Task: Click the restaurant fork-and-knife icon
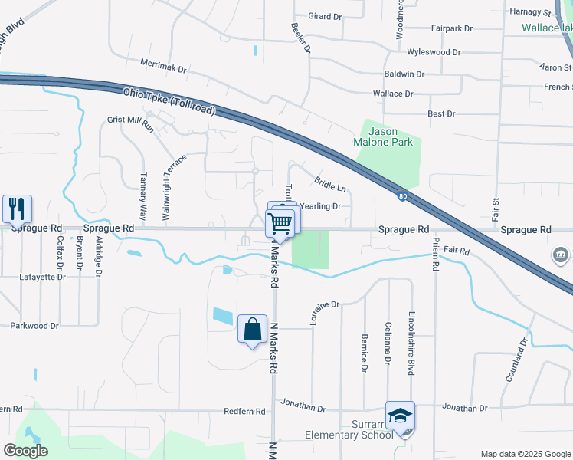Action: click(x=17, y=208)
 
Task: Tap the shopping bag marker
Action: click(x=252, y=330)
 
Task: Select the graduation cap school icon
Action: click(x=400, y=416)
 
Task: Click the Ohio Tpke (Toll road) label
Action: click(x=169, y=101)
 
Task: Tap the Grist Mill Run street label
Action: click(x=131, y=123)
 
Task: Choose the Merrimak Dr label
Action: click(x=163, y=68)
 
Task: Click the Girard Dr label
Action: click(x=325, y=16)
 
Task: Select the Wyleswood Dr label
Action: click(x=434, y=52)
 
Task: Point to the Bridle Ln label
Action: click(x=330, y=183)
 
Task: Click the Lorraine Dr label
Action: click(x=325, y=313)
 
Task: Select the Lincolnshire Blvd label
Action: click(x=411, y=343)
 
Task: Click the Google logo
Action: click(x=25, y=451)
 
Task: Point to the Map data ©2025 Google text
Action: click(x=525, y=454)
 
